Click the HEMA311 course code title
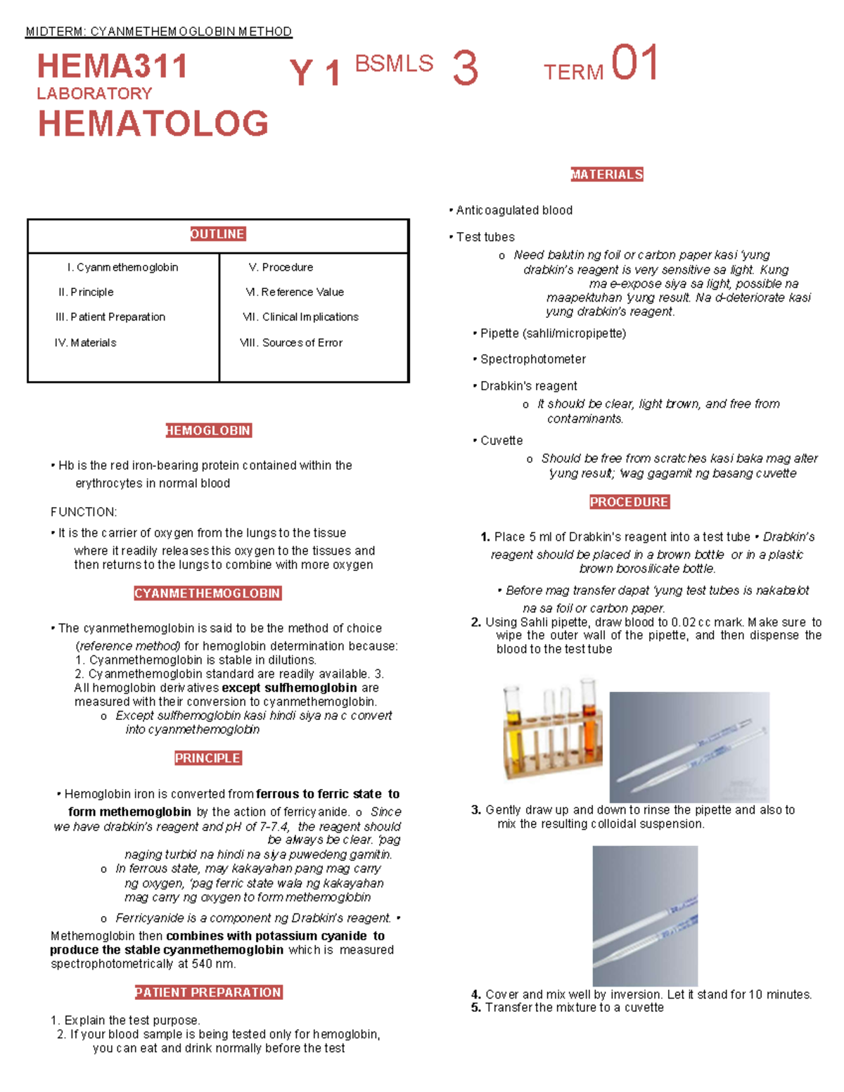[113, 67]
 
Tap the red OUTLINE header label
[217, 234]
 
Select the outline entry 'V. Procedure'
[281, 267]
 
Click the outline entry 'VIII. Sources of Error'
[291, 342]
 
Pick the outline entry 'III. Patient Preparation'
[110, 317]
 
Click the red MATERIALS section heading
[606, 174]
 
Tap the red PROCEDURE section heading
[629, 502]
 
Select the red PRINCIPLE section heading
[207, 758]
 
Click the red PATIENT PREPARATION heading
[208, 992]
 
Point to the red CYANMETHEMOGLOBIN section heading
[207, 593]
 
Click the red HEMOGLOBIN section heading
[208, 430]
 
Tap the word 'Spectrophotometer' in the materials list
[532, 359]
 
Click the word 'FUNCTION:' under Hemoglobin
[84, 512]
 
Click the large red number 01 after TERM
[634, 63]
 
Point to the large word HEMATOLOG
[153, 124]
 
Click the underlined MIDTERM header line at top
[158, 32]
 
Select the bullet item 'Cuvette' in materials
[501, 441]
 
